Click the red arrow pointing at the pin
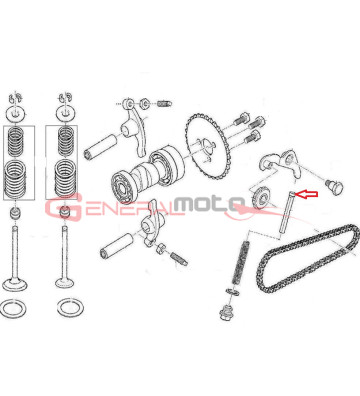click(307, 194)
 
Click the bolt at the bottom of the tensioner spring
click(227, 312)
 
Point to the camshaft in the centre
click(147, 175)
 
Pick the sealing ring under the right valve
click(70, 308)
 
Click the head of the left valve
click(15, 284)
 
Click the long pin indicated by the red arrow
click(286, 214)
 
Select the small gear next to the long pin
click(261, 197)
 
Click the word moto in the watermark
click(210, 204)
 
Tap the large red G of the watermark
click(64, 207)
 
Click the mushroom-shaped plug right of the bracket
click(336, 186)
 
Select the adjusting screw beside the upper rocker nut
click(163, 104)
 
